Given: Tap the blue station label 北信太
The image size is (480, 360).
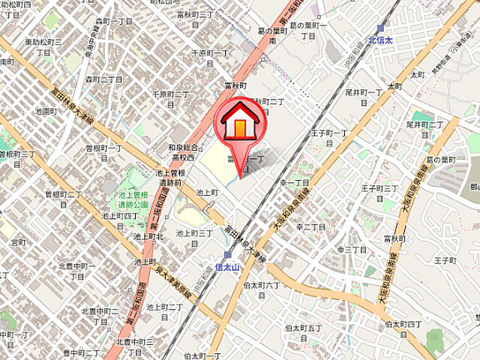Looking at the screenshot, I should tap(382, 40).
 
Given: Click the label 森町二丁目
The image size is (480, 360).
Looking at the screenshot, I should tap(103, 79).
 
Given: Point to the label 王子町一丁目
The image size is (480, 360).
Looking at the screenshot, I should tap(330, 136).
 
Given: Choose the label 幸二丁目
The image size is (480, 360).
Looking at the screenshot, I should tap(311, 226).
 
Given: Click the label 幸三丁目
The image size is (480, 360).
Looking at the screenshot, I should tap(350, 249).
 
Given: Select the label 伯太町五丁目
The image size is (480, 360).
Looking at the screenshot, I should tap(304, 332).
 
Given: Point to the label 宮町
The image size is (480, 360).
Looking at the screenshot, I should tap(17, 242).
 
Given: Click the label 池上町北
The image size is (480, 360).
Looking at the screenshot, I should tap(149, 236).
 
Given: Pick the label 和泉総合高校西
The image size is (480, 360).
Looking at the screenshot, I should tap(182, 152).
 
